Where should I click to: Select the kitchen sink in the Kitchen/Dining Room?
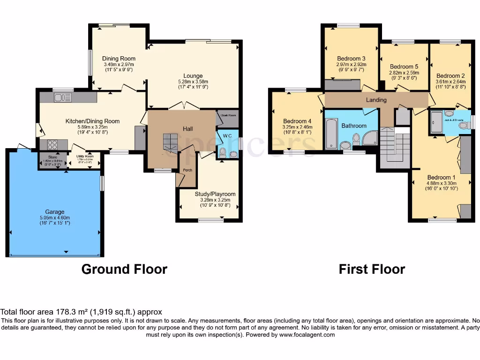pyautogui.click(x=62, y=97)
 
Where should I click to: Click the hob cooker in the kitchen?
pyautogui.click(x=52, y=145)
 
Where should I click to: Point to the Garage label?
pyautogui.click(x=55, y=212)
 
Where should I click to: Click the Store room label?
pyautogui.click(x=52, y=157)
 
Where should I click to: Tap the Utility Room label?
pyautogui.click(x=85, y=157)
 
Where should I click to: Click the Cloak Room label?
pyautogui.click(x=227, y=114)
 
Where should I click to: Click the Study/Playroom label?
pyautogui.click(x=215, y=194)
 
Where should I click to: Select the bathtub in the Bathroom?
pyautogui.click(x=331, y=134)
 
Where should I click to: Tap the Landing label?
pyautogui.click(x=376, y=100)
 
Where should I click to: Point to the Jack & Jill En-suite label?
pyautogui.click(x=454, y=120)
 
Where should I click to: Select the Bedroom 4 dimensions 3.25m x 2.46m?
pyautogui.click(x=297, y=127)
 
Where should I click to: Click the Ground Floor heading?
pyautogui.click(x=124, y=269)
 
